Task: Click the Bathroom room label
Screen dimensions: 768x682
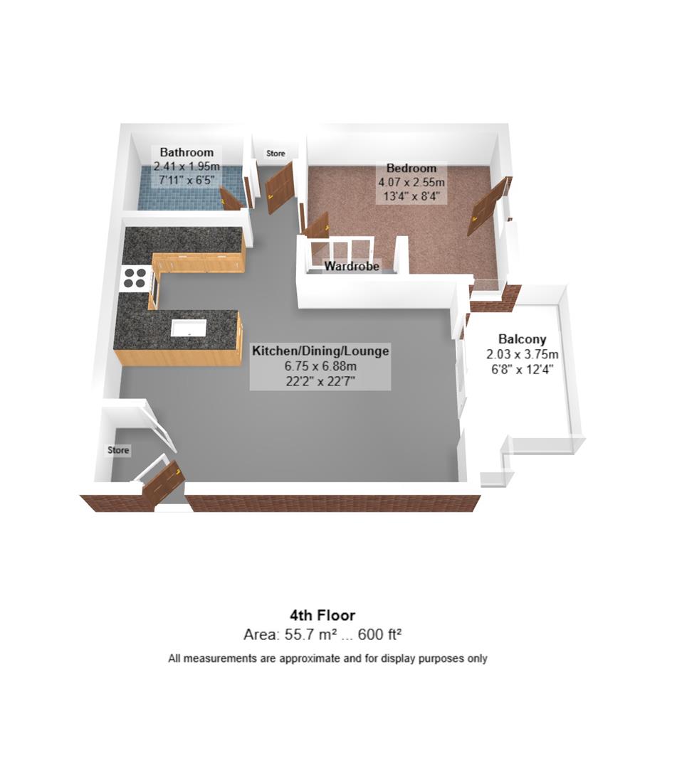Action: click(x=187, y=152)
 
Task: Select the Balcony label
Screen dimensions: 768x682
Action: click(x=522, y=339)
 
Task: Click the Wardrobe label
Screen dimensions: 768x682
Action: click(x=352, y=267)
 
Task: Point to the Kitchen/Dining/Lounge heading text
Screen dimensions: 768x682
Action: click(x=320, y=351)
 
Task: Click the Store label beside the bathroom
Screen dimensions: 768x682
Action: click(x=276, y=154)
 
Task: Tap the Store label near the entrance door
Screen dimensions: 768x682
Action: click(x=118, y=450)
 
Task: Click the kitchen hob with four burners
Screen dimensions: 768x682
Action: click(x=135, y=277)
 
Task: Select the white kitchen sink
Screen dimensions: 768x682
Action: click(x=189, y=328)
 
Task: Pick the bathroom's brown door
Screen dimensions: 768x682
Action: click(x=231, y=198)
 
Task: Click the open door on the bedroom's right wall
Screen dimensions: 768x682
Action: click(x=488, y=206)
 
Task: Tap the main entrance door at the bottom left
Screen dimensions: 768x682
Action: click(x=163, y=484)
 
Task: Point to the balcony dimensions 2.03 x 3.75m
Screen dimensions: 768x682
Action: click(x=522, y=354)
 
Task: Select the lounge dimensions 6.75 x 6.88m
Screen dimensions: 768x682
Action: click(x=320, y=367)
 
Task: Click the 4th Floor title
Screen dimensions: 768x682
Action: click(x=322, y=615)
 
